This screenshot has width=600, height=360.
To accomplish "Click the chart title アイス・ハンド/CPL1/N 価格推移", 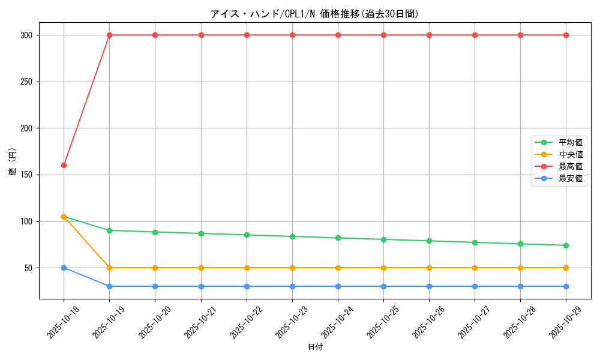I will click(x=314, y=13).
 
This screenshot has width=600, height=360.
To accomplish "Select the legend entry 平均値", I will click(x=570, y=142).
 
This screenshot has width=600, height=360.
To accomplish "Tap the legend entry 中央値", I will click(x=570, y=154).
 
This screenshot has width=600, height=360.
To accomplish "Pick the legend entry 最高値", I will click(x=570, y=166).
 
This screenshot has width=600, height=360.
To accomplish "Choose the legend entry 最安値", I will click(x=570, y=178).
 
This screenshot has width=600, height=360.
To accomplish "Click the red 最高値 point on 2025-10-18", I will click(x=64, y=165).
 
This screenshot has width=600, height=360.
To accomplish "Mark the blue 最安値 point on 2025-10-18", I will click(x=64, y=268).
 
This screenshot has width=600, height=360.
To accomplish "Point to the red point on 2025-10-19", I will click(x=109, y=35).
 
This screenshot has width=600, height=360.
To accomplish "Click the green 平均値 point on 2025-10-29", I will click(x=566, y=245).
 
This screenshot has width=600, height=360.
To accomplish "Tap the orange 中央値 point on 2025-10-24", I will click(x=338, y=268).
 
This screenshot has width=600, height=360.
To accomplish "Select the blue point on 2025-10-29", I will click(x=566, y=286).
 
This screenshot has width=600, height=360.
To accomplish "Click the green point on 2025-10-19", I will click(x=109, y=230).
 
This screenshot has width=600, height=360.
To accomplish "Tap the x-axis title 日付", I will click(x=314, y=347).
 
